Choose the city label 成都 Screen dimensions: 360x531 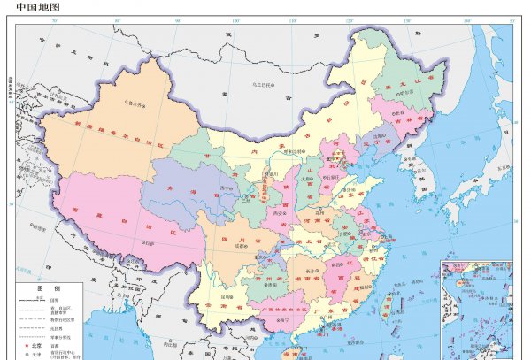tap(238, 249)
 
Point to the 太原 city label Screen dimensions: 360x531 tap(304, 177)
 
